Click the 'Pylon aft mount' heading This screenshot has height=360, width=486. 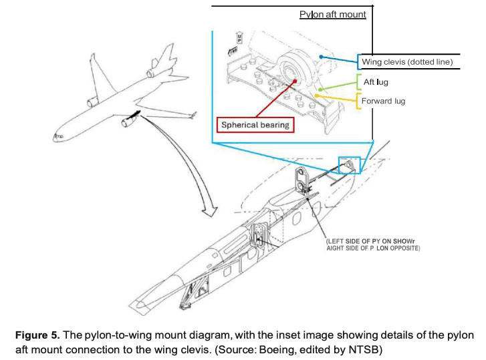[332, 14]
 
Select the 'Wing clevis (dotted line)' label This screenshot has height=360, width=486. [407, 62]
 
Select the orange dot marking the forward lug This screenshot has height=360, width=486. [317, 97]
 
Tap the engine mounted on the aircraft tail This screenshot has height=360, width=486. [153, 68]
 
